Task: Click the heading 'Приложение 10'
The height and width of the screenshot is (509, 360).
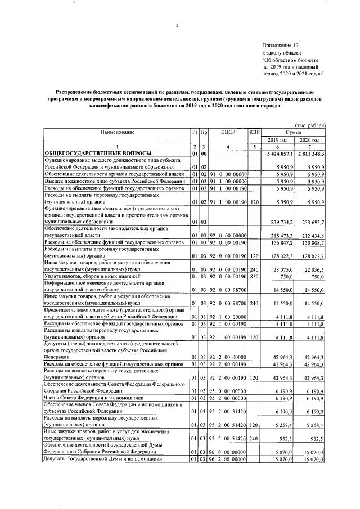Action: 280,44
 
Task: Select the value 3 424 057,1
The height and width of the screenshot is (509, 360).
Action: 280,153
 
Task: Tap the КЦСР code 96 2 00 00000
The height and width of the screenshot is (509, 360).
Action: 227,460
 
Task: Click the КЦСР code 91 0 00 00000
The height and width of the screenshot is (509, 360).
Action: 227,174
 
